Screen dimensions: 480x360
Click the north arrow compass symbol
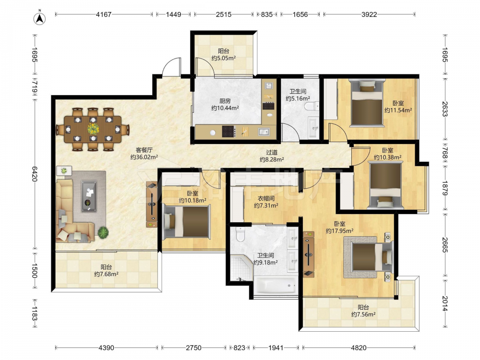click(x=39, y=18)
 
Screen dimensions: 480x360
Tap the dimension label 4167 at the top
click(x=104, y=14)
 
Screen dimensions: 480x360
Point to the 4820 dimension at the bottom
click(x=359, y=348)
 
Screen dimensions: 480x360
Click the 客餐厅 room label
click(x=144, y=150)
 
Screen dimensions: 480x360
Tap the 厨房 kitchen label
click(x=225, y=101)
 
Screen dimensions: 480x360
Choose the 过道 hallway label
click(x=272, y=152)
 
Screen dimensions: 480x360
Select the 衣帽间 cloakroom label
click(x=266, y=198)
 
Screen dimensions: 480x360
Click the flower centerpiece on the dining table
click(x=93, y=129)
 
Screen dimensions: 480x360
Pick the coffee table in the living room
click(x=89, y=196)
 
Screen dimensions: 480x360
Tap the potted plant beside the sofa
click(x=103, y=232)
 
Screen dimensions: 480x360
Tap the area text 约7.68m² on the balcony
click(x=106, y=274)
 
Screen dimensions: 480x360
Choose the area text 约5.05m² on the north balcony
click(x=224, y=58)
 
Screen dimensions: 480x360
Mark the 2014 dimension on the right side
click(x=445, y=304)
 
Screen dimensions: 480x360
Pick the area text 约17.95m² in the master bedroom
click(x=340, y=231)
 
